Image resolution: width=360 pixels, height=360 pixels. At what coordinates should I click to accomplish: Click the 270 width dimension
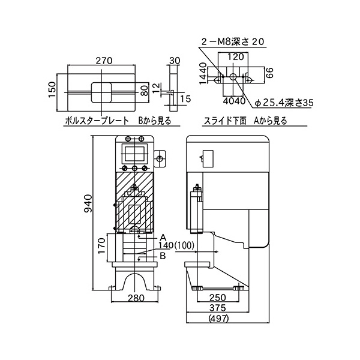click(x=104, y=60)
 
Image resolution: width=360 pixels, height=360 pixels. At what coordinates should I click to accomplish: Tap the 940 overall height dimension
click(x=88, y=205)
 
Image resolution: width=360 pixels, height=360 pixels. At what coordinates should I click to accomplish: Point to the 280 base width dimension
click(x=137, y=298)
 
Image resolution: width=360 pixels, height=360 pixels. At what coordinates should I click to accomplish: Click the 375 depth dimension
click(x=217, y=308)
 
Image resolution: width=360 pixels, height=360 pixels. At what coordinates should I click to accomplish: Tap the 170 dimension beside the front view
click(x=102, y=246)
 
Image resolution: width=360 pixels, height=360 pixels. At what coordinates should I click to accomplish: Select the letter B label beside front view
click(x=162, y=256)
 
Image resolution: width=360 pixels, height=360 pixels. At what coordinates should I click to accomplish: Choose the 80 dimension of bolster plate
click(x=143, y=91)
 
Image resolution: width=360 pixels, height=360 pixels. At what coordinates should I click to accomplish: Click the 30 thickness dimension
click(x=175, y=60)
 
